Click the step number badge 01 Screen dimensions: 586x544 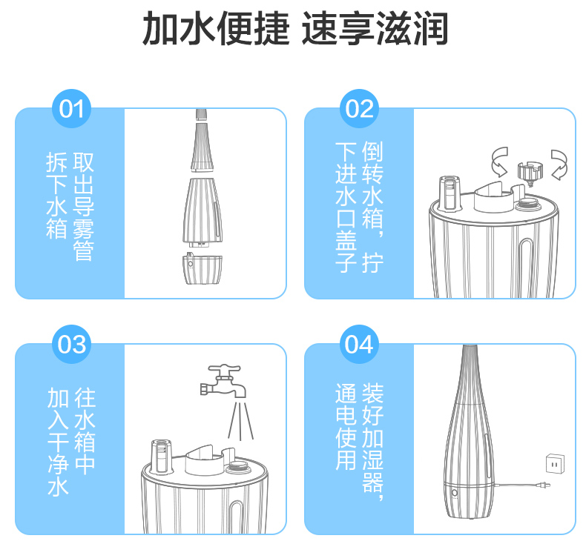click(x=71, y=109)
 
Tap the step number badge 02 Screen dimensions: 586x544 click(x=359, y=109)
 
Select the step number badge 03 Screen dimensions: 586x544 click(x=71, y=344)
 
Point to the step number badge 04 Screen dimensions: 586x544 click(x=359, y=344)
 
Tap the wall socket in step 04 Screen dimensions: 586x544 click(x=556, y=464)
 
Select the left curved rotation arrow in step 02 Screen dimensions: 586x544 click(x=500, y=162)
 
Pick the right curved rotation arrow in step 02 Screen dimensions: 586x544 click(x=559, y=165)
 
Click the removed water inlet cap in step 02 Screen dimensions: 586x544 click(x=530, y=173)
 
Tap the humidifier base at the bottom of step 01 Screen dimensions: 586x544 click(x=203, y=268)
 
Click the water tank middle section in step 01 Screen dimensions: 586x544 click(x=203, y=212)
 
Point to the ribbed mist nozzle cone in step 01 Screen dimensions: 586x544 click(x=203, y=147)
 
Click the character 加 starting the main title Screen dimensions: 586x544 click(x=160, y=28)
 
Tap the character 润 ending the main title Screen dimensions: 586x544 click(x=429, y=28)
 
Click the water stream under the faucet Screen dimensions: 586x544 click(x=240, y=421)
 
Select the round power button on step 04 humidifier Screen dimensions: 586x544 click(x=455, y=493)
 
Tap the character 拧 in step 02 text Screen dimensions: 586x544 click(x=372, y=263)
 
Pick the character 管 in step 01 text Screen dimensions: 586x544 click(x=83, y=251)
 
